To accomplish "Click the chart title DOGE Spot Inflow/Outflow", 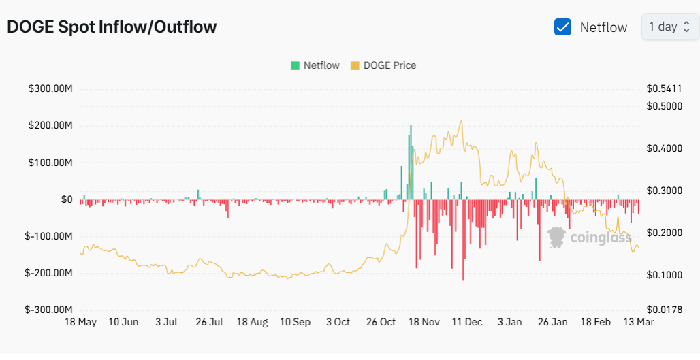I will [112, 27].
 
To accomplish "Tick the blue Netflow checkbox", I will [562, 27].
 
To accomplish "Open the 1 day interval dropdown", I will [669, 27].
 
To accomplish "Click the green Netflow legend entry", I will [315, 65].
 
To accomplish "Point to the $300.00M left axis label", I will [50, 89].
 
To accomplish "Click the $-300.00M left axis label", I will [48, 309].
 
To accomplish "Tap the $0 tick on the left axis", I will [67, 199].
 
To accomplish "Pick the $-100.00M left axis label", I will [48, 236].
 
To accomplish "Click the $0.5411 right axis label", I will [662, 89].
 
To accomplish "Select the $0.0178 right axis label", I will [662, 309].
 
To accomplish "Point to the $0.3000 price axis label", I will [662, 191].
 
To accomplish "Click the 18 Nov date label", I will [424, 322].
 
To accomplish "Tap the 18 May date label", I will [80, 322].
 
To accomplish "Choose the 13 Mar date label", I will [639, 322].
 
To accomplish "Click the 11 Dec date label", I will [467, 322].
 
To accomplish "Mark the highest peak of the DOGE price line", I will [462, 122].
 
